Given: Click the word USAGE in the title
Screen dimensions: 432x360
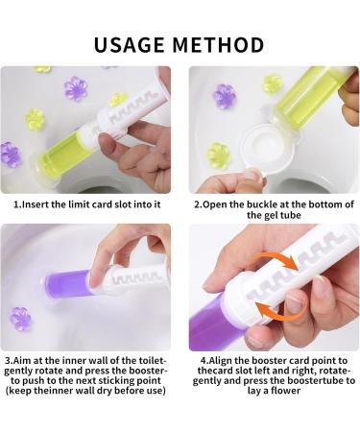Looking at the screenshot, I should (x=133, y=44).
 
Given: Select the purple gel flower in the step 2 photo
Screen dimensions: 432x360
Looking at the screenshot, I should (x=225, y=95).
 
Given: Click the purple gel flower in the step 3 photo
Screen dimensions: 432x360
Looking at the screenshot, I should (x=21, y=317).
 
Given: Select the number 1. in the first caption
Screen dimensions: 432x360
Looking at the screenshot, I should (x=17, y=204).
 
